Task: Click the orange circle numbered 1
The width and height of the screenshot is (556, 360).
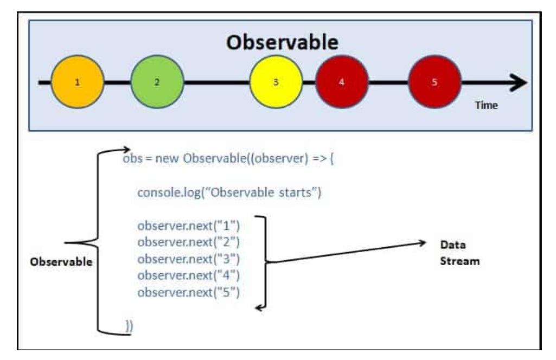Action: coord(78,82)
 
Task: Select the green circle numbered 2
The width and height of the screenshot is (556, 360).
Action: coord(157,82)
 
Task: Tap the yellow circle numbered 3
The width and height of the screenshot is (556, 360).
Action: coord(276,82)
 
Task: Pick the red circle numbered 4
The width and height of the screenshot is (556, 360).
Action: coord(341,82)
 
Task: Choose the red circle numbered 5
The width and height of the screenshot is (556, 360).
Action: coord(434,82)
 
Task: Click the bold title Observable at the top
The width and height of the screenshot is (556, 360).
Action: coord(282,42)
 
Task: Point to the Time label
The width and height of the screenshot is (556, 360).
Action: coord(486,105)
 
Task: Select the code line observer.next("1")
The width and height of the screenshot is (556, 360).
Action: coord(188,225)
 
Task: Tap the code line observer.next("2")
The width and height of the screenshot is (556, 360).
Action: coord(188,242)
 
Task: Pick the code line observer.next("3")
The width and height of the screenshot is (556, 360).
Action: coord(188,259)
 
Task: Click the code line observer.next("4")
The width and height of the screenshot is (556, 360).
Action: coord(188,275)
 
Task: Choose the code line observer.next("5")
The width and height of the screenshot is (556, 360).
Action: coord(188,292)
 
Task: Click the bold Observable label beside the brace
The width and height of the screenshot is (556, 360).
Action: coord(61,261)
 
